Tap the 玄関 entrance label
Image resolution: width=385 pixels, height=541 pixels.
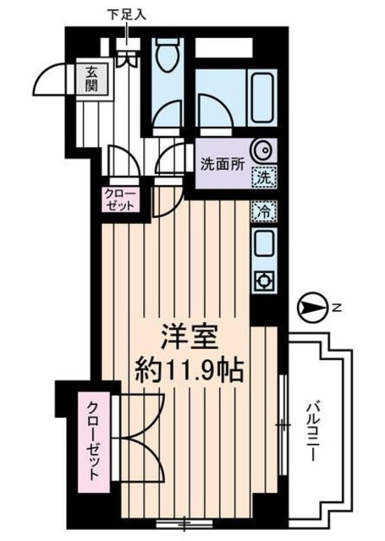pyautogui.click(x=91, y=79)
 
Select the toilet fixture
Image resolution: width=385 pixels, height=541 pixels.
pyautogui.click(x=165, y=60)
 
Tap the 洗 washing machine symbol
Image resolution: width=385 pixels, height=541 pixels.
pyautogui.click(x=265, y=178)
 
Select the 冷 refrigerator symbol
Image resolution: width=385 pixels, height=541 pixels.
pyautogui.click(x=263, y=210)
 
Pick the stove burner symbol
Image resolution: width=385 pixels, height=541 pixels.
pyautogui.click(x=263, y=280)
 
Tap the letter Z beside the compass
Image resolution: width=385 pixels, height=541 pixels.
pyautogui.click(x=335, y=309)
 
